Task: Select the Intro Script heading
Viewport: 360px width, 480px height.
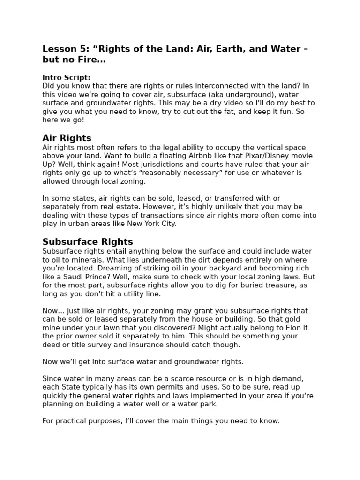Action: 66,78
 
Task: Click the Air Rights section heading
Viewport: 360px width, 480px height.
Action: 67,138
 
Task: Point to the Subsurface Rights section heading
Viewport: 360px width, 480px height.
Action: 88,242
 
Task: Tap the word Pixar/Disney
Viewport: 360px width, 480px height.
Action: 268,156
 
